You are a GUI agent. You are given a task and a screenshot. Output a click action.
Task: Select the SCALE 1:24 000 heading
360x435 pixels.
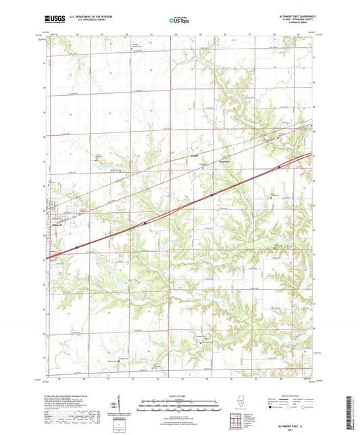(180, 395)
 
